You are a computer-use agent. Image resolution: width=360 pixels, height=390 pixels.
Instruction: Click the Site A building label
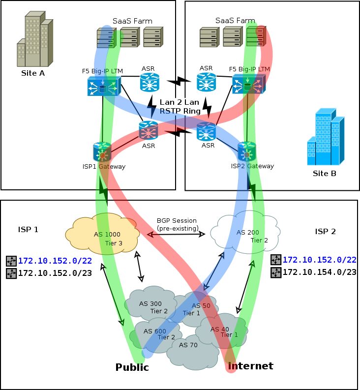(x=33, y=73)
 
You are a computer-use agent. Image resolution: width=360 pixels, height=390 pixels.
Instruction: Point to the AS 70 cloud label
(x=188, y=345)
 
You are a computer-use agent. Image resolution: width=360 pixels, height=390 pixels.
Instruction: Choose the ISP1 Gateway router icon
(x=102, y=151)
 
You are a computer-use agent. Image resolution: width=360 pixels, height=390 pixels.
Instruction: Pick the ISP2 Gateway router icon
(x=246, y=151)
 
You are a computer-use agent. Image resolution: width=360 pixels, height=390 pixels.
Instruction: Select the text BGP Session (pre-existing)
(x=177, y=225)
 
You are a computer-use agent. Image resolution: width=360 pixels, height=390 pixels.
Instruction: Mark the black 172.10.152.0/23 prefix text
(x=55, y=273)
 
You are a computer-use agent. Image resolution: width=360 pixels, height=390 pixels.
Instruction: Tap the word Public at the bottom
(x=132, y=367)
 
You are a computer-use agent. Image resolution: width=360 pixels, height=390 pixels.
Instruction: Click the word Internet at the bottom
(x=250, y=366)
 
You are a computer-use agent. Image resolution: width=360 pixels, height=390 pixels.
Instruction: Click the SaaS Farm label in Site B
(x=235, y=20)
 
